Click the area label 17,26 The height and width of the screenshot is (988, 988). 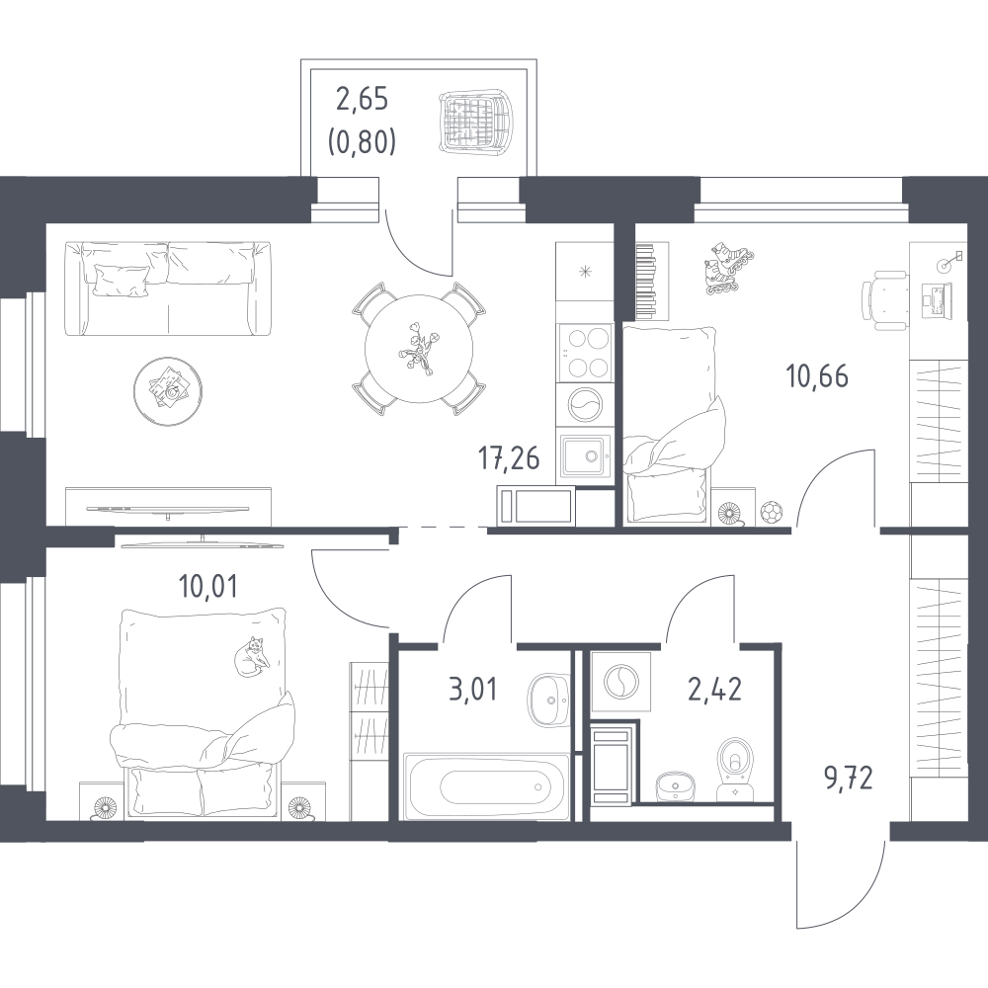[x=509, y=458]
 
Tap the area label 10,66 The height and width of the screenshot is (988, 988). [x=817, y=376]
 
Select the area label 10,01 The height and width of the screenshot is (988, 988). [x=207, y=587]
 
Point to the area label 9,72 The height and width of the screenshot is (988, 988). [x=849, y=779]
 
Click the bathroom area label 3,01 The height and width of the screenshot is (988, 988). [x=472, y=689]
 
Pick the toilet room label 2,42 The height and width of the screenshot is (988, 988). [x=715, y=689]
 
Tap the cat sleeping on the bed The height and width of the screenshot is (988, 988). [x=251, y=657]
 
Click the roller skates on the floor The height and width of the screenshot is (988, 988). [x=728, y=268]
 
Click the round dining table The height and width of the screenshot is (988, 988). [x=419, y=349]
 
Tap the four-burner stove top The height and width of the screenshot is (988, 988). [x=584, y=353]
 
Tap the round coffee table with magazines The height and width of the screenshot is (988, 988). [x=168, y=391]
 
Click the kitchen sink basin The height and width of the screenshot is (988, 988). [x=584, y=455]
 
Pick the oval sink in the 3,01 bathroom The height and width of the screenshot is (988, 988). [x=548, y=700]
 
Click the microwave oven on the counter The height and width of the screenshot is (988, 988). [x=536, y=506]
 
